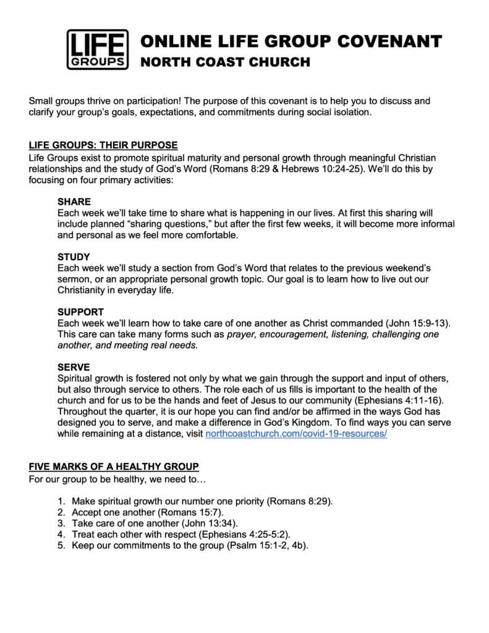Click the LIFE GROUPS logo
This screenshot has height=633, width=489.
[x=97, y=50]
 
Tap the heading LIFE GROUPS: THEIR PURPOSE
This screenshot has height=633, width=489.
[x=103, y=145]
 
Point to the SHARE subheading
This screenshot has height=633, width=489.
[x=74, y=202]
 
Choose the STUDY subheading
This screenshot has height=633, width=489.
[x=74, y=257]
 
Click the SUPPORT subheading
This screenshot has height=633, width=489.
[x=80, y=312]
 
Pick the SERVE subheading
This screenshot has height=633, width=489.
[x=74, y=367]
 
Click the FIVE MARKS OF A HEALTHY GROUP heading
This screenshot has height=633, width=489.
[x=114, y=465]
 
